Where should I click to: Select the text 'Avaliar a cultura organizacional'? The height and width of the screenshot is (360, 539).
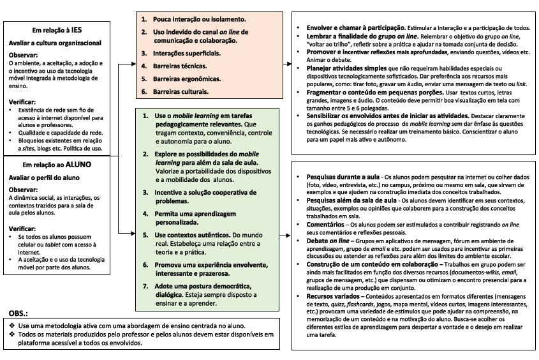(55, 43)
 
